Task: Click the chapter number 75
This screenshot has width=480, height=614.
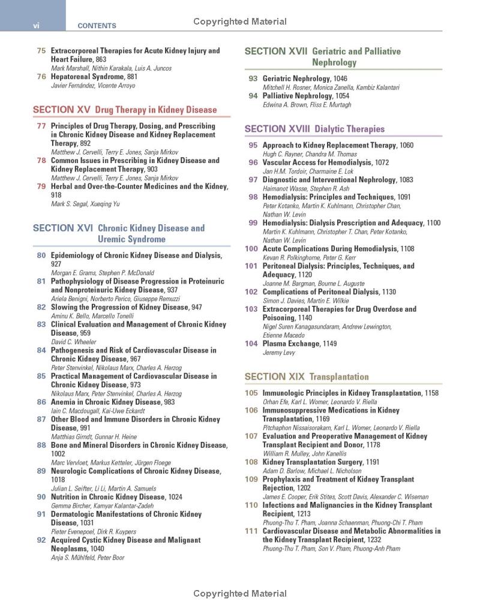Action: (x=41, y=51)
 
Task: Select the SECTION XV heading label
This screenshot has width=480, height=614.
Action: (x=62, y=110)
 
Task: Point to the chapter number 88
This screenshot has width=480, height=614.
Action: (x=41, y=446)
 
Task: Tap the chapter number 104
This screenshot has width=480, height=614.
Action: (x=251, y=344)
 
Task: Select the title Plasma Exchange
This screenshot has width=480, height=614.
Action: (x=291, y=344)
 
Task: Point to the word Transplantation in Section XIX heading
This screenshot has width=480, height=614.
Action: (x=339, y=377)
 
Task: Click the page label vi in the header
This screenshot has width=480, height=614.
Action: (x=35, y=25)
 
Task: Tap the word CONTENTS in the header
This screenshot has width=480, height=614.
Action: (x=97, y=26)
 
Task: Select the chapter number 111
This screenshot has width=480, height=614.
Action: (x=251, y=531)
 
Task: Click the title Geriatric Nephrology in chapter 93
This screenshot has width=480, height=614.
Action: (x=296, y=79)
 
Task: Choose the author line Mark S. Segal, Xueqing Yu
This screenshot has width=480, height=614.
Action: (x=85, y=204)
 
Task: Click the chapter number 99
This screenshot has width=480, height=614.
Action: (x=253, y=223)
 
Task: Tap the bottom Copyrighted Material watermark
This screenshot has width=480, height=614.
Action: (x=240, y=594)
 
